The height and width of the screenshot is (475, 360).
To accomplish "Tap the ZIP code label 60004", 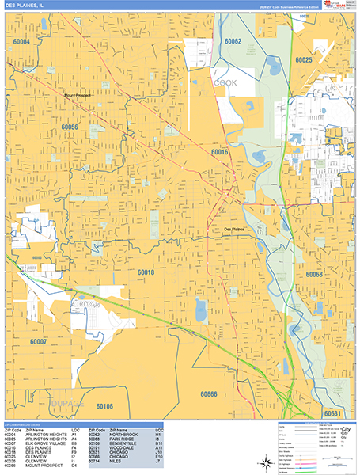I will [21, 40].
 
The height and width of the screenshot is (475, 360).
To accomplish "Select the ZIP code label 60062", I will [233, 40].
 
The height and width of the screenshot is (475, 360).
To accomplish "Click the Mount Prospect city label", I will [80, 96].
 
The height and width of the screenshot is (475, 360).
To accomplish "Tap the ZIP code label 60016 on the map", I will [219, 150].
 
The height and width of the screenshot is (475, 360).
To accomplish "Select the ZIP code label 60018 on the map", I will [146, 272].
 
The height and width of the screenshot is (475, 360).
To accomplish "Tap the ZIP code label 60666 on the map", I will [209, 393].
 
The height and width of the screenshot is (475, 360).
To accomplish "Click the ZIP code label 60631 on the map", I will [332, 412].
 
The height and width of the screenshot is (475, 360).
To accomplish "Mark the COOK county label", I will [225, 82].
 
